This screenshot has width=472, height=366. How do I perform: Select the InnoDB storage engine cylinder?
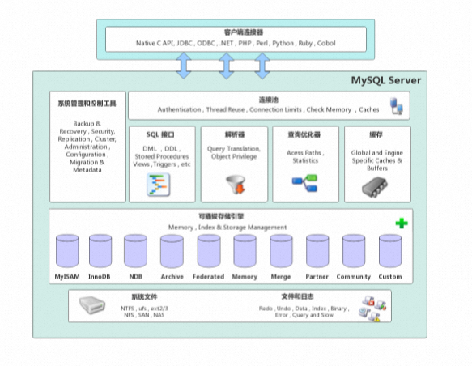(x=101, y=252)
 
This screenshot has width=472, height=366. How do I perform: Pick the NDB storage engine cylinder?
(x=135, y=252)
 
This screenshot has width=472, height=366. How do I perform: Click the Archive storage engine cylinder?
(x=172, y=252)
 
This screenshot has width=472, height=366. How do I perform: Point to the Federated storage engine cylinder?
(x=208, y=252)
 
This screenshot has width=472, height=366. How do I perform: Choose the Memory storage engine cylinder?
(x=245, y=252)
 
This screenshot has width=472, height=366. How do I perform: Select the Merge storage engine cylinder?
(x=281, y=252)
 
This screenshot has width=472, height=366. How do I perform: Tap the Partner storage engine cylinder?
(x=317, y=252)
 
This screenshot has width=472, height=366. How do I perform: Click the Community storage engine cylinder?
(x=354, y=252)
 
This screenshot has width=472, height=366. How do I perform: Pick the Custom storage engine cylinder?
(x=390, y=252)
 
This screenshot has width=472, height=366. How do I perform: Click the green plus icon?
(x=400, y=223)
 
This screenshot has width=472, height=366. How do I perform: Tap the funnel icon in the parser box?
(x=235, y=185)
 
